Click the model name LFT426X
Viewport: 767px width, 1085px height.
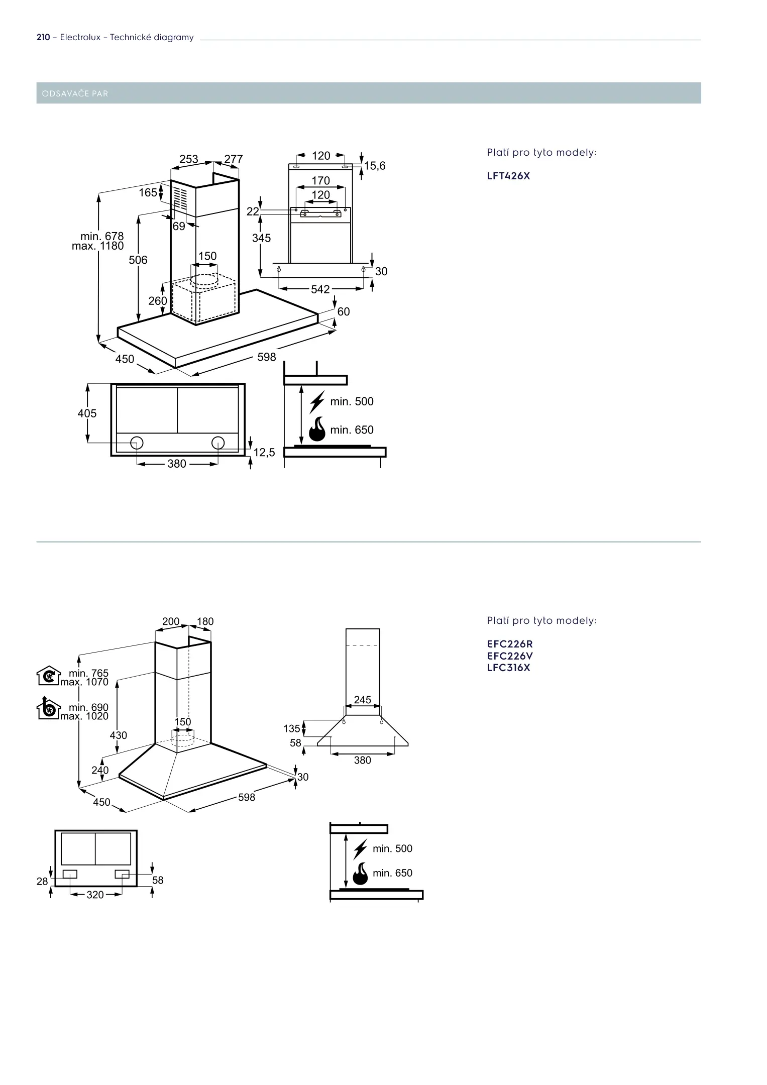508,176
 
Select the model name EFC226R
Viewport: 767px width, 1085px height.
510,644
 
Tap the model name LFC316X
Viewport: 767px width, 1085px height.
508,668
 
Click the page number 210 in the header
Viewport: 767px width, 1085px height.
43,37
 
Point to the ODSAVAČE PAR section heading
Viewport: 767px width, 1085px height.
75,93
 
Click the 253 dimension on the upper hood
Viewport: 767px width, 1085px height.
189,159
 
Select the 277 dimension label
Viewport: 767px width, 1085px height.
234,159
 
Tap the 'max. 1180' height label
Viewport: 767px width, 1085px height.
98,246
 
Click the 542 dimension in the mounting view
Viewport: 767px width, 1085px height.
320,289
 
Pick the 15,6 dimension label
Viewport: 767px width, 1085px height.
375,166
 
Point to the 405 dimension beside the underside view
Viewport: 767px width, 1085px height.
87,413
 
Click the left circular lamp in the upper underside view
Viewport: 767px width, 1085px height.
137,443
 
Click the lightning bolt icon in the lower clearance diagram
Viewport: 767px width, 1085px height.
360,848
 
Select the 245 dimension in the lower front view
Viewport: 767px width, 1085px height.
363,700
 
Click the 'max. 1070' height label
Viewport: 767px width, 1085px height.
84,682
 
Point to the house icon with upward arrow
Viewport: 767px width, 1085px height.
48,708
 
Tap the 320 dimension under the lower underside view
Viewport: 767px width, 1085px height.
95,895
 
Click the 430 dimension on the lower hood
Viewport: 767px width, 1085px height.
119,735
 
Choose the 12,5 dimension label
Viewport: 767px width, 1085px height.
264,453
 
